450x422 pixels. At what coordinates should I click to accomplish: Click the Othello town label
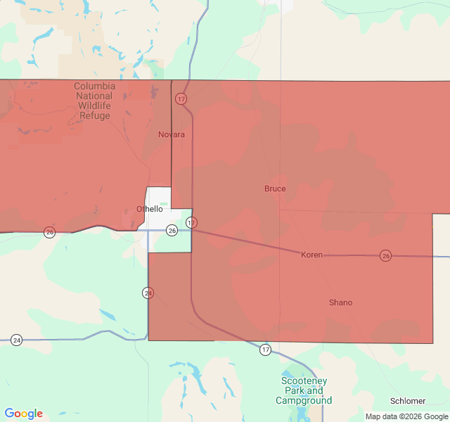point(149,209)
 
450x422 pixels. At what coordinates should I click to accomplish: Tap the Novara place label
point(172,134)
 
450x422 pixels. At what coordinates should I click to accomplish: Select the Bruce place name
point(275,188)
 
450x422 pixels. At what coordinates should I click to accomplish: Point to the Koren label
point(311,255)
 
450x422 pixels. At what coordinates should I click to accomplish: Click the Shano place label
point(340,302)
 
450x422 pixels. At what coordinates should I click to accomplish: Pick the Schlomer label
point(408,401)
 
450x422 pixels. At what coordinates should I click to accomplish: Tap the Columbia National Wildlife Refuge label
point(94,101)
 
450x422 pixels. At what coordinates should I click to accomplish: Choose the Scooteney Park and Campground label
point(304,390)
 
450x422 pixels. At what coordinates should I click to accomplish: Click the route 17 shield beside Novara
point(181,99)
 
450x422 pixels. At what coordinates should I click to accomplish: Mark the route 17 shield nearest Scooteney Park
point(264,350)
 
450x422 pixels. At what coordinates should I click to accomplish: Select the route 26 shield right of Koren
point(385,255)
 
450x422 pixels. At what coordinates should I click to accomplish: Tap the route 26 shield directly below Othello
point(172,230)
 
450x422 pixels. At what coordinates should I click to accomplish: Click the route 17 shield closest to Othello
point(191,223)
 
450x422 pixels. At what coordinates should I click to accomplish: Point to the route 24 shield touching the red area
point(148,293)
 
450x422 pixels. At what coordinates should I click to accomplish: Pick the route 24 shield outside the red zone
point(17,340)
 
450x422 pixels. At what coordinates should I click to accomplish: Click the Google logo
point(23,414)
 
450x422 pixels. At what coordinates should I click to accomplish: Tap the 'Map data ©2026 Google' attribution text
point(406,416)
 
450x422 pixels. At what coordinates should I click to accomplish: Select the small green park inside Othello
point(163,205)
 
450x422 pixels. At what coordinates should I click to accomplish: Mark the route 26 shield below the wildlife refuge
point(49,232)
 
